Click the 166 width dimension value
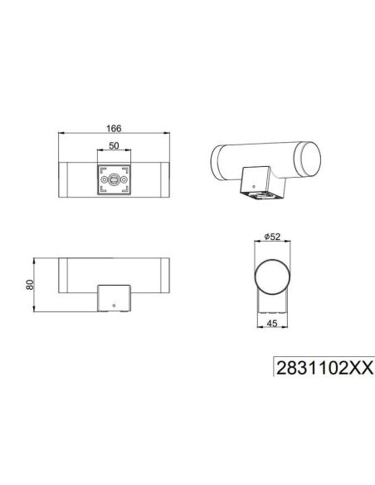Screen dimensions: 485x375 114,129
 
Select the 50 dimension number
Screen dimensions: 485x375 114,146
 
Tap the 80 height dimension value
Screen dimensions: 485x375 30,286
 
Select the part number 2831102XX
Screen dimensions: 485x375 324,365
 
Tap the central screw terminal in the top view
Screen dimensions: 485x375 114,180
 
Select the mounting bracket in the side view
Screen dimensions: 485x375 114,298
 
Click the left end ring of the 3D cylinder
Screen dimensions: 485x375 217,157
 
